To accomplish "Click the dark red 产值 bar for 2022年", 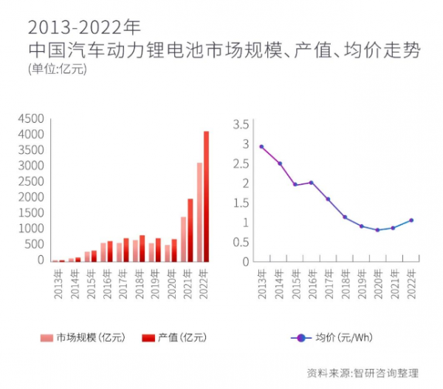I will pyautogui.click(x=206, y=196).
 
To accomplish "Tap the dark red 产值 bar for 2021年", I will pyautogui.click(x=190, y=230).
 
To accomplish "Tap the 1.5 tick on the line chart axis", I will pyautogui.click(x=241, y=203).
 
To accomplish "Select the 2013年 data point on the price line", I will pyautogui.click(x=262, y=146).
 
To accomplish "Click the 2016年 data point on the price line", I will pyautogui.click(x=311, y=183).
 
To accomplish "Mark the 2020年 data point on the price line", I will pyautogui.click(x=377, y=230).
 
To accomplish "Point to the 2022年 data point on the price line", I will pyautogui.click(x=411, y=220).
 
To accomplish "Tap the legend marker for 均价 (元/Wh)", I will pyautogui.click(x=300, y=337).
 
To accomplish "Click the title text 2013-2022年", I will pyautogui.click(x=83, y=27).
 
